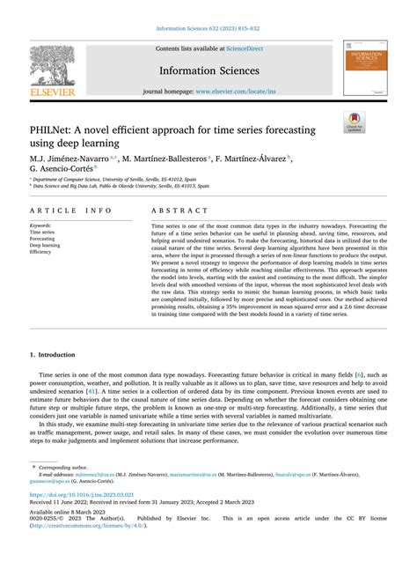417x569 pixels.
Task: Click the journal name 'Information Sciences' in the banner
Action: pyautogui.click(x=208, y=70)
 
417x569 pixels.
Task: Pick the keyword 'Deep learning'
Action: pyautogui.click(x=46, y=245)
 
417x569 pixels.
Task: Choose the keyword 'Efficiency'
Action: pyautogui.click(x=40, y=252)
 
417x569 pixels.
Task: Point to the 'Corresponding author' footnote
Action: pyautogui.click(x=62, y=467)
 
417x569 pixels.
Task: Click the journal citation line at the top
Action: pyautogui.click(x=208, y=28)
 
